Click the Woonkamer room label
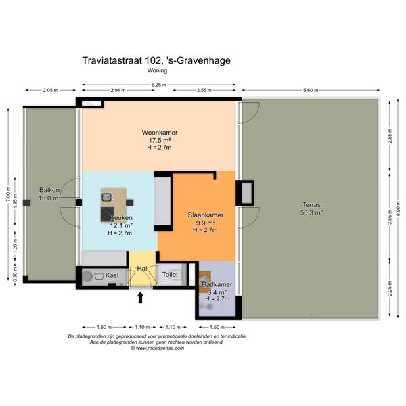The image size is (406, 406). pos(160,133)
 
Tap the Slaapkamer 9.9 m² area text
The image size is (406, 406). pos(205,223)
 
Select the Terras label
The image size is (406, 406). pos(311,205)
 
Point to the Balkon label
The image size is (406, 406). pos(49,190)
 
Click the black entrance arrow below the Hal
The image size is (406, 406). pos(140,298)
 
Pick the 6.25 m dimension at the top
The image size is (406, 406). pos(159,85)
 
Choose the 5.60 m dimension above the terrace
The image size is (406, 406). pos(311,90)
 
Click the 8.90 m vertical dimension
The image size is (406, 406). pos(399,208)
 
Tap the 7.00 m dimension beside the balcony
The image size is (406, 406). pos(8,194)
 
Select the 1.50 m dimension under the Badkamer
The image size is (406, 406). pos(217,327)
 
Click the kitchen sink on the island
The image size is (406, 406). pos(106,198)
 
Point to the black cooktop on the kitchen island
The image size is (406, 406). pos(107,214)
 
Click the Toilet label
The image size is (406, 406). pos(170,275)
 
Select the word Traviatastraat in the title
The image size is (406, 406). pos(112,60)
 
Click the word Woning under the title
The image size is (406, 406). pos(157,70)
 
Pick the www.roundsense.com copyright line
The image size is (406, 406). pos(157,348)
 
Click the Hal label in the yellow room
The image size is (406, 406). pos(142,269)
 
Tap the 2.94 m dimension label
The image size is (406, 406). pos(118,91)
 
